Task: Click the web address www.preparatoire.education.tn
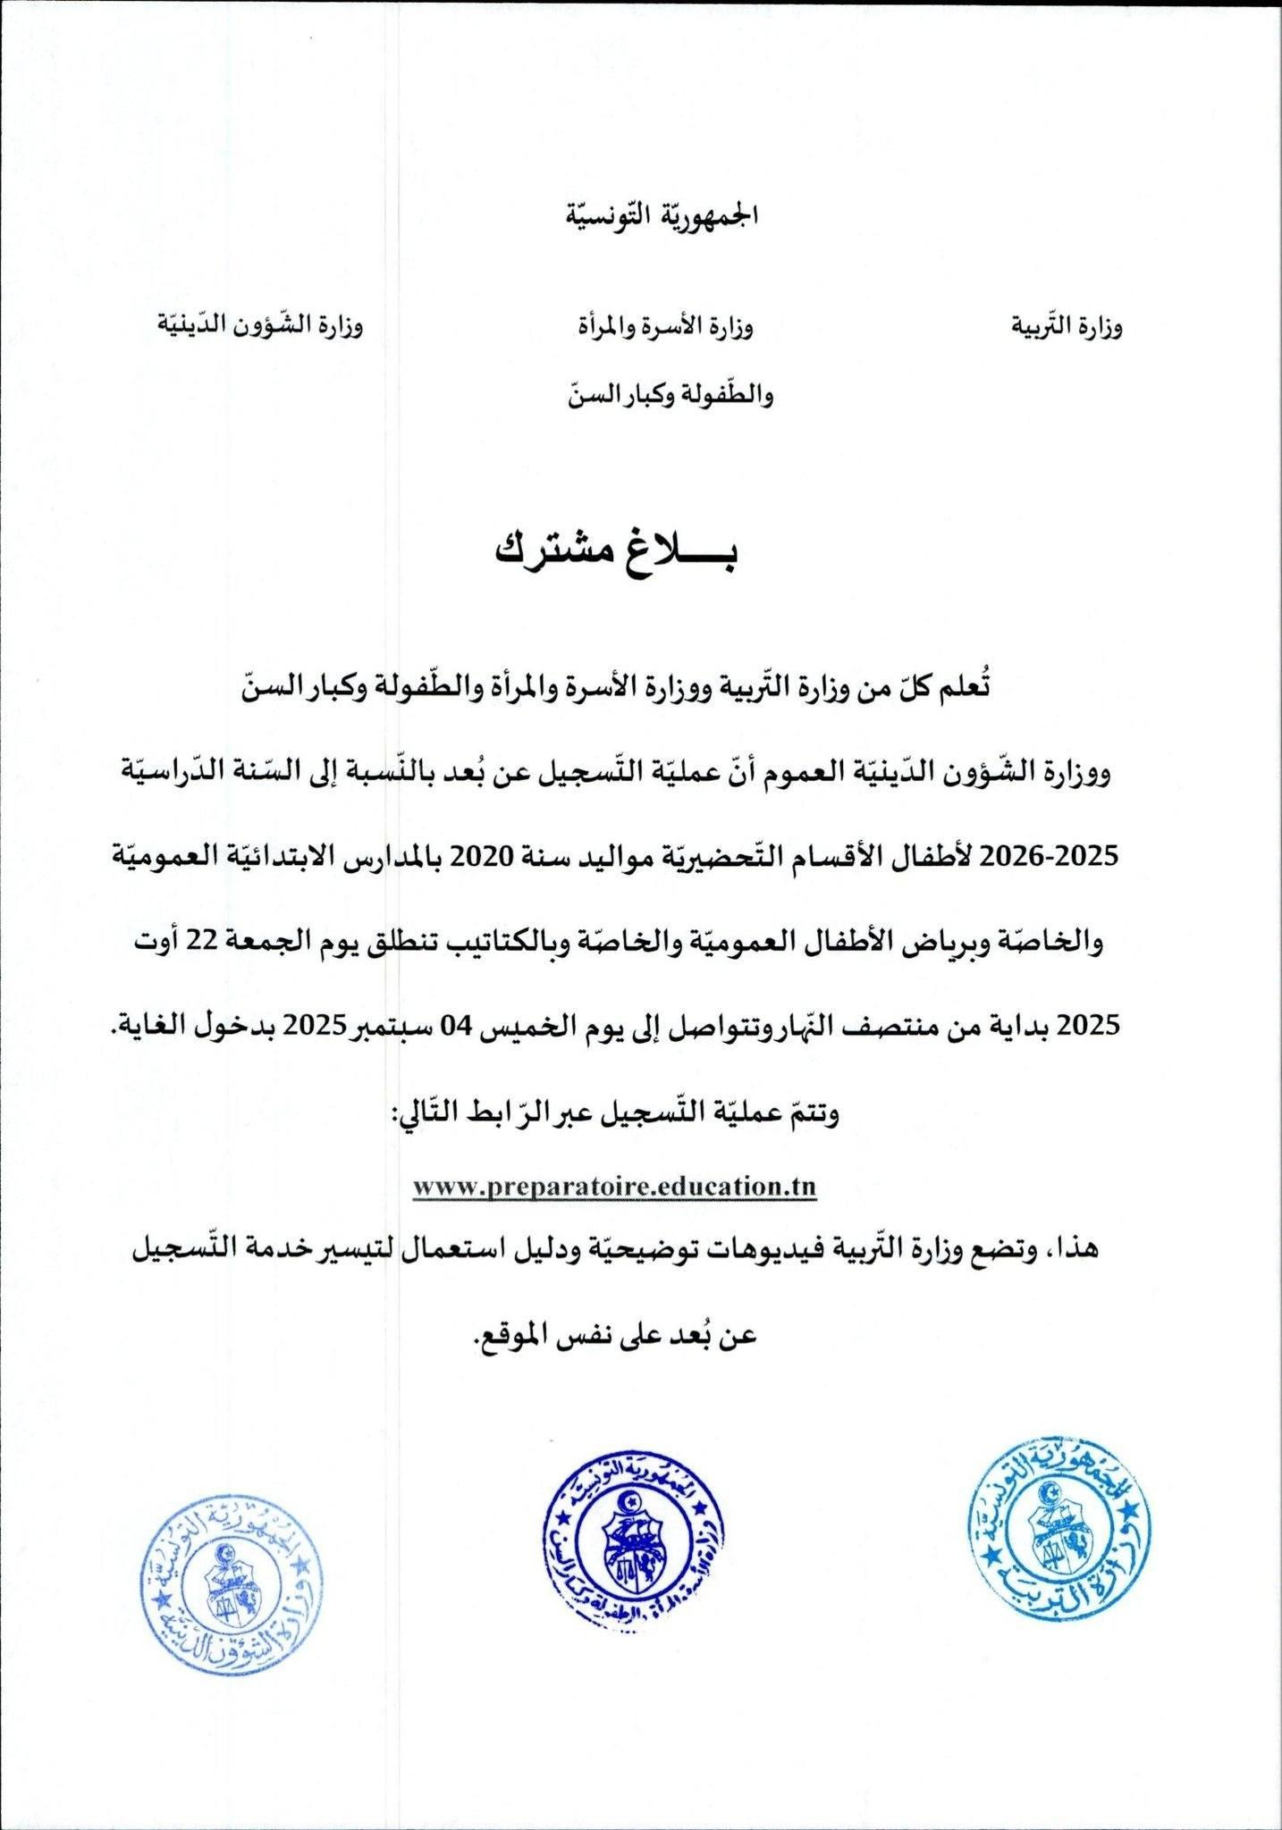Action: coord(615,1188)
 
